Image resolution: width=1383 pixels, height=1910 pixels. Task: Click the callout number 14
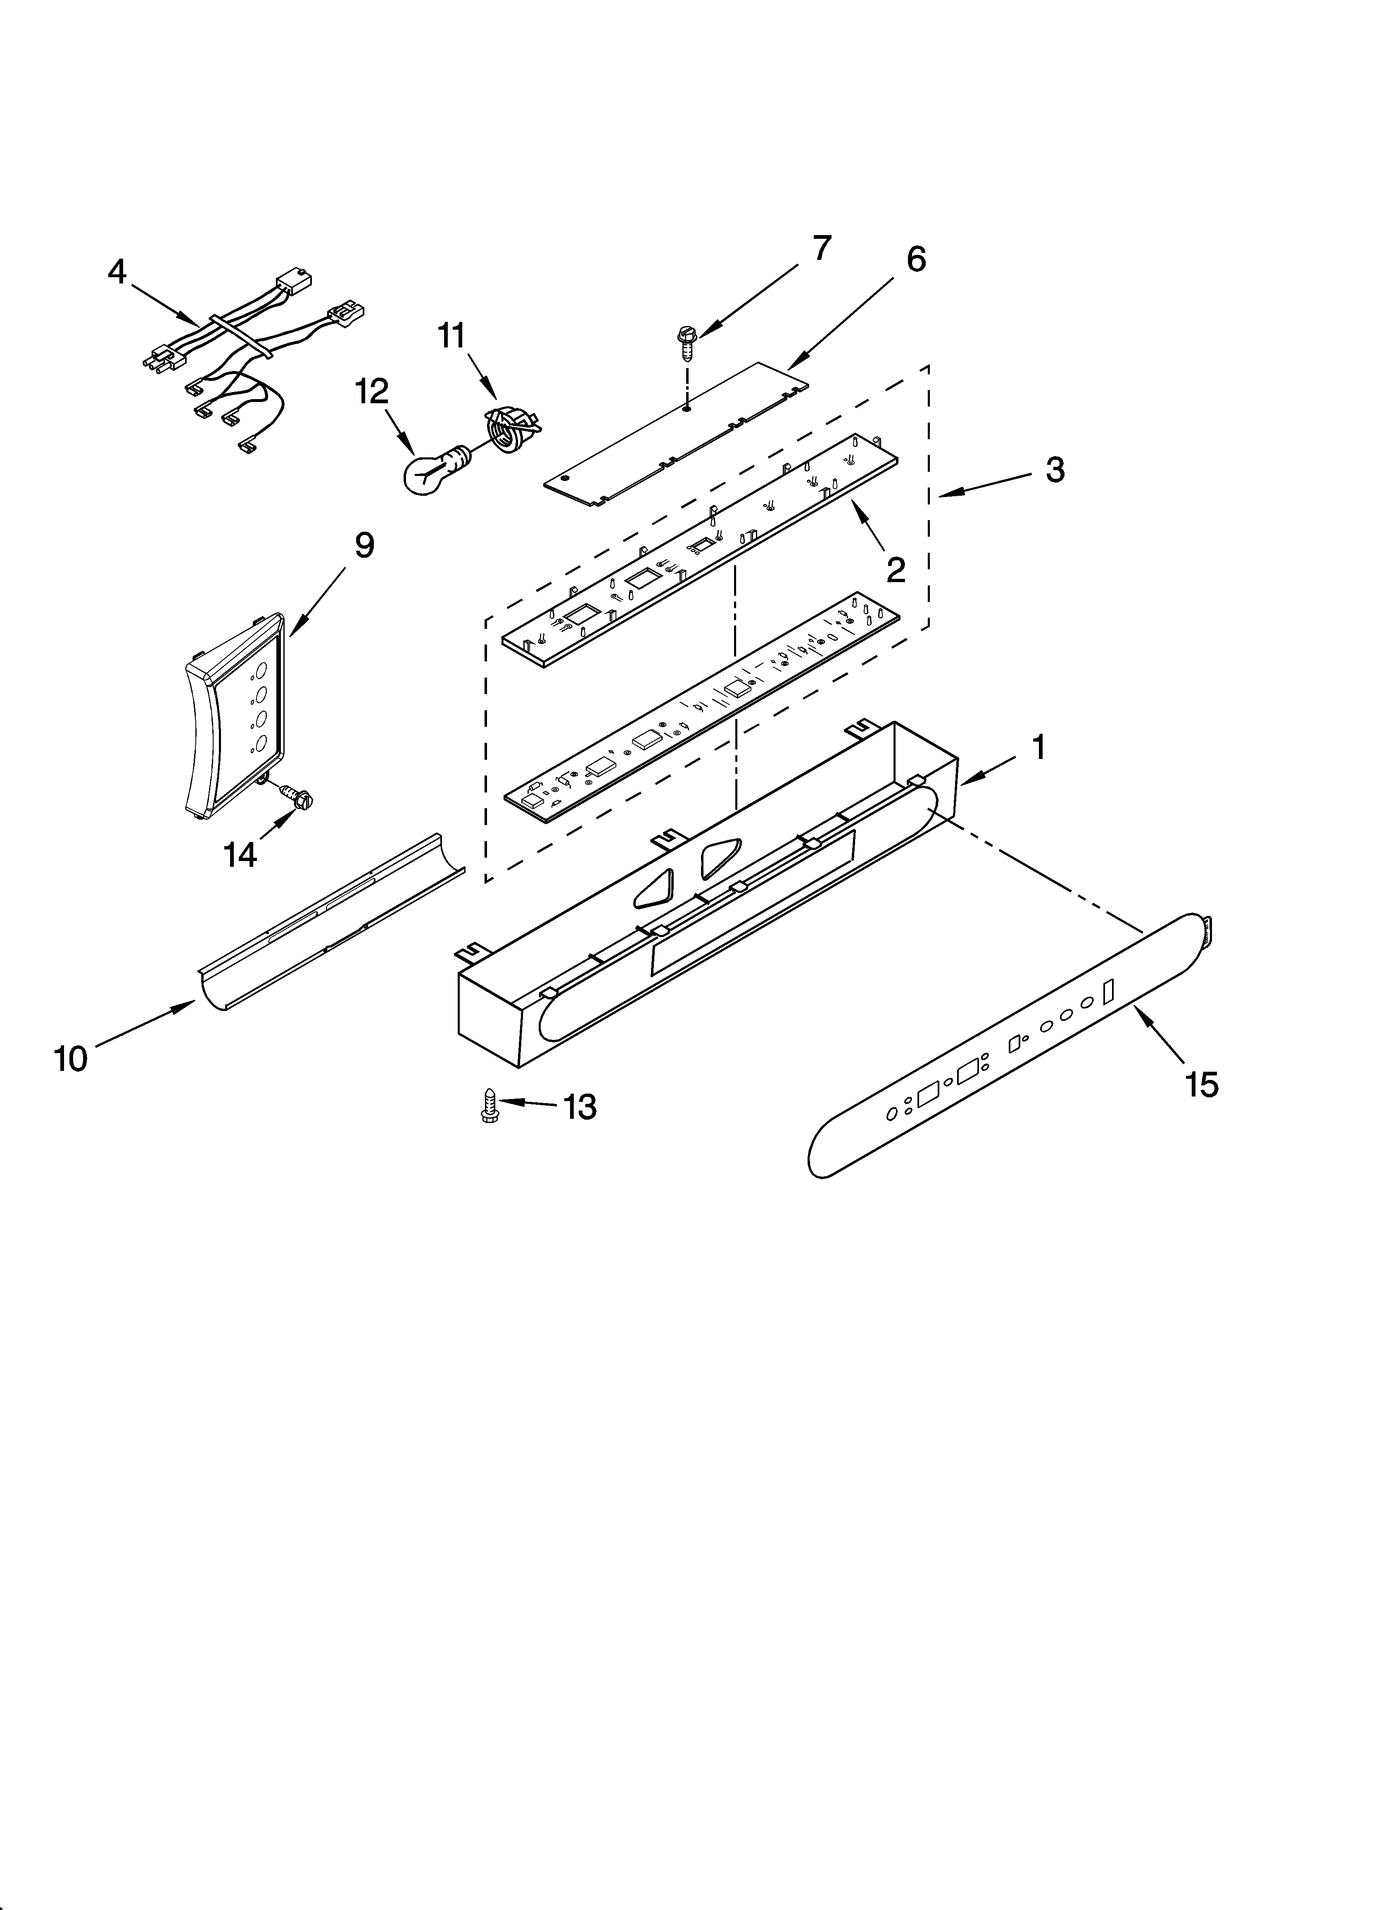coord(240,855)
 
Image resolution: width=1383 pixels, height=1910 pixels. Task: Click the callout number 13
coord(580,1106)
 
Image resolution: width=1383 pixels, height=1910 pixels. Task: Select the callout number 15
coord(1202,1085)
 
